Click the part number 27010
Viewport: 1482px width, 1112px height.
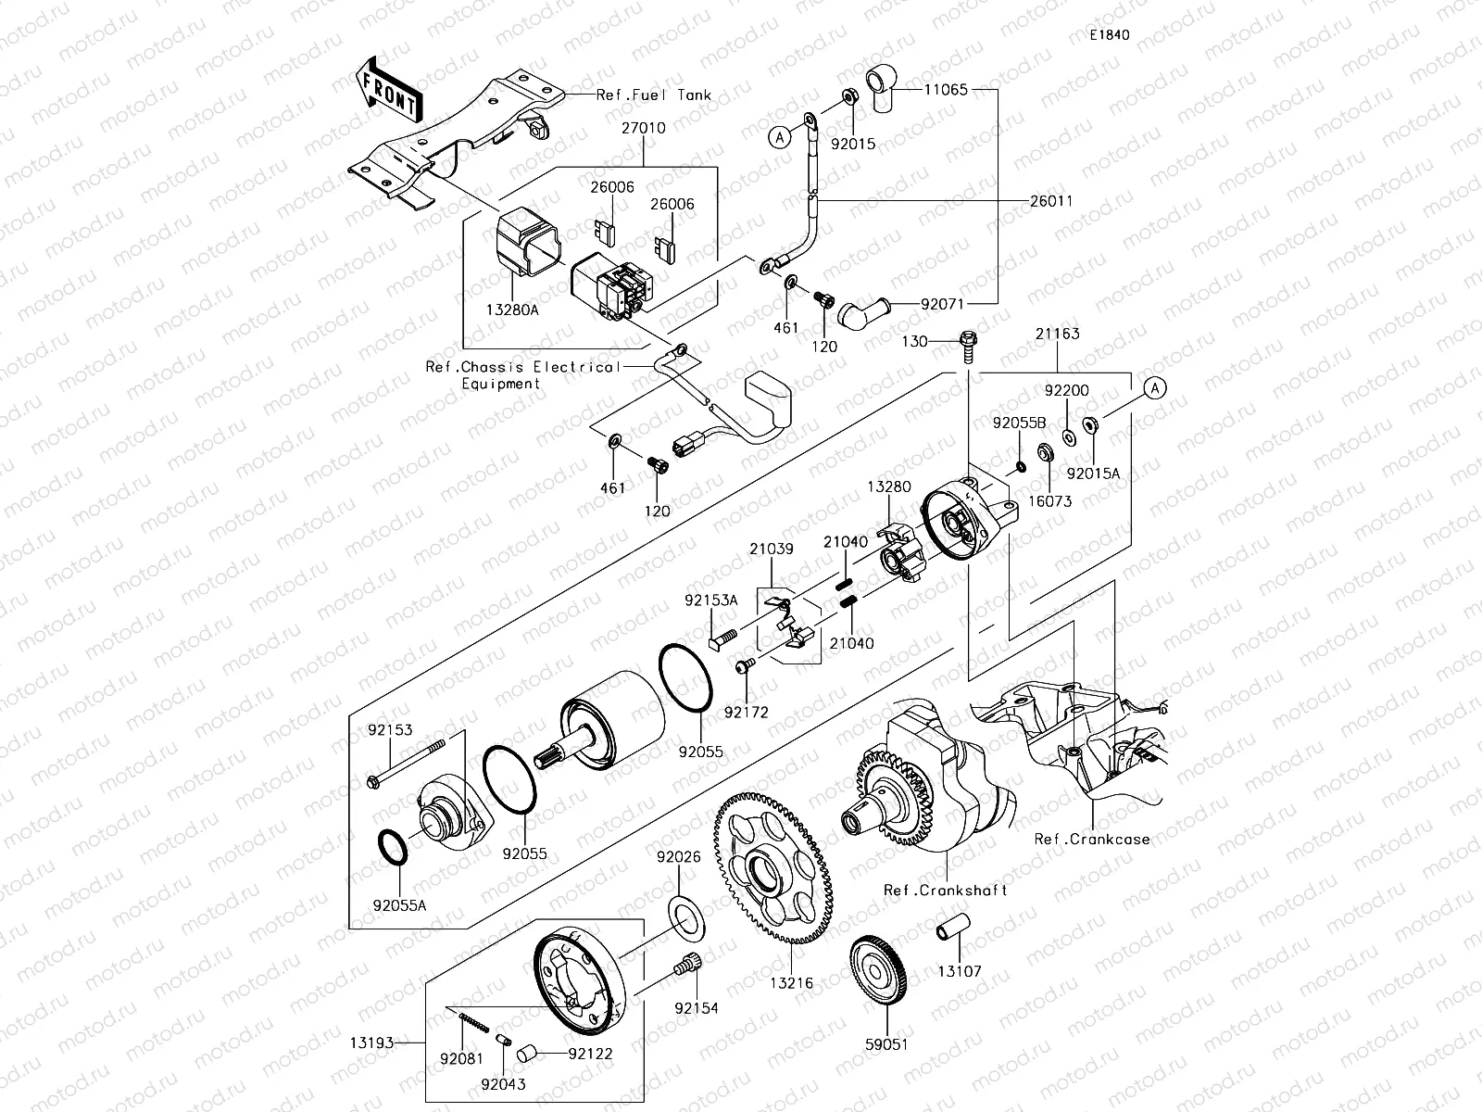point(643,129)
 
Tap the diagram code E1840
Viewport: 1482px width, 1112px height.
point(1109,35)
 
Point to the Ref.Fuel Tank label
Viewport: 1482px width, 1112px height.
point(654,95)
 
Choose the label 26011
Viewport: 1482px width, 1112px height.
point(1051,200)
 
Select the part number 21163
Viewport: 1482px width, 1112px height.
point(1057,334)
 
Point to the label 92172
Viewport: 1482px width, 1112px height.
point(747,712)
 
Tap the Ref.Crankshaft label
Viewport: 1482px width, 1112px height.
point(945,890)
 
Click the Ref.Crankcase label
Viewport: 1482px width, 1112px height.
point(1092,840)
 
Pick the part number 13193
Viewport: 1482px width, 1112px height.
point(370,1043)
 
